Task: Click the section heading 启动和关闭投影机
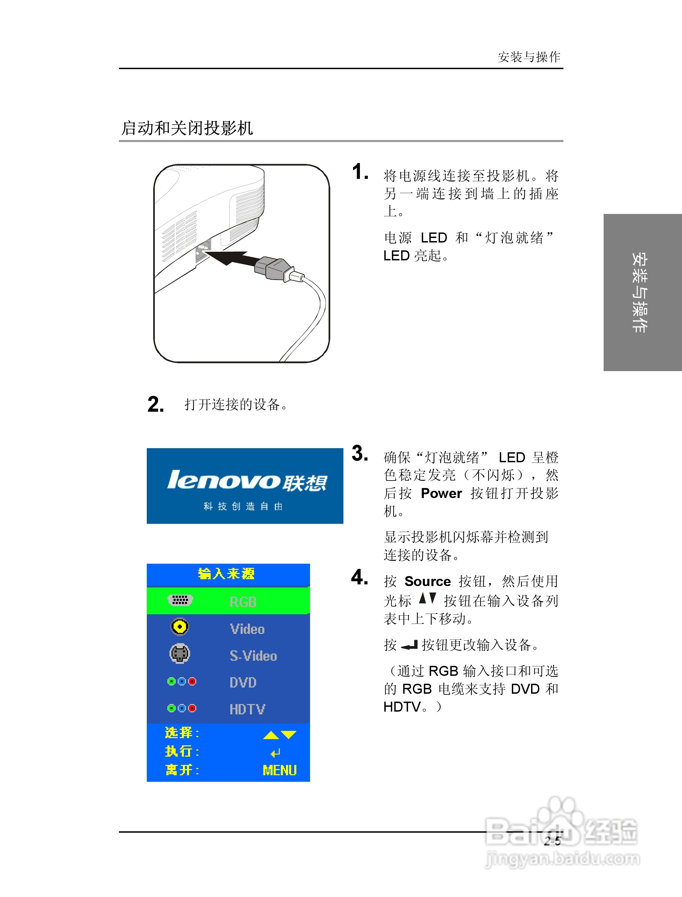pos(187,128)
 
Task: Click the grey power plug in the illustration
pos(273,268)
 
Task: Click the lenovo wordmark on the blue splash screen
pos(223,480)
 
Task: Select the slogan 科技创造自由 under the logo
pos(243,506)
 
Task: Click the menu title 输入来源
pos(226,574)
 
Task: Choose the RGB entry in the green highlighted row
pos(243,602)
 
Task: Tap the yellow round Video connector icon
pos(179,627)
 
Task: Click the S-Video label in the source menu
pos(253,656)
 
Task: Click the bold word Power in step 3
pos(441,493)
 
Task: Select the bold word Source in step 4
pos(428,582)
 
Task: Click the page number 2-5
pos(552,841)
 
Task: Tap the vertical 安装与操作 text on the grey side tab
pos(639,292)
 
